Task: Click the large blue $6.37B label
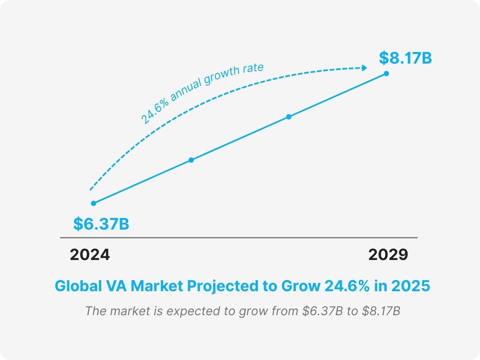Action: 101,224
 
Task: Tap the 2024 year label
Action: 90,255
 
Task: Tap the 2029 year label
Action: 388,255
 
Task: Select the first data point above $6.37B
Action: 94,203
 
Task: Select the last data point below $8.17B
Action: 386,73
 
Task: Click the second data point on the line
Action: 191,160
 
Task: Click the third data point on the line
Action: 289,117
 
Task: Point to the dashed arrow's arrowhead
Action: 364,68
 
